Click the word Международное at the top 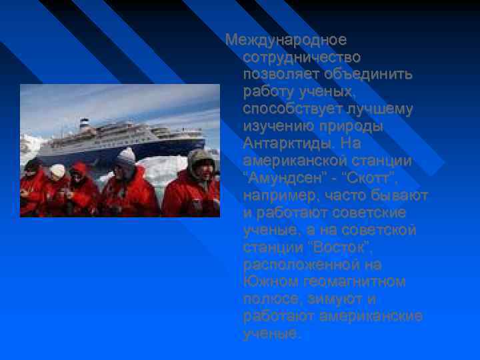click(285, 40)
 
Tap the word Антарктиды click(288, 143)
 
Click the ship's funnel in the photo click(85, 123)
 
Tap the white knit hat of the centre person click(125, 157)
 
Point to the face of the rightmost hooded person click(203, 169)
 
